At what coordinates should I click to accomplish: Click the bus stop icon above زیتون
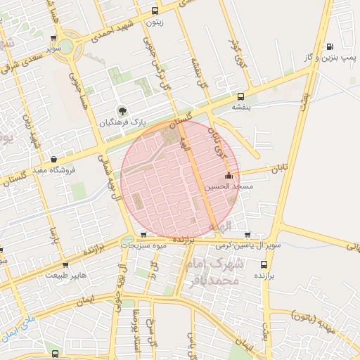[x=155, y=11]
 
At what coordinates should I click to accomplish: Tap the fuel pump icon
[x=330, y=46]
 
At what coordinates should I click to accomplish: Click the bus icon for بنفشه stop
[x=241, y=96]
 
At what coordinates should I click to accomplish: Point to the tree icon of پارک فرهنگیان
[x=123, y=110]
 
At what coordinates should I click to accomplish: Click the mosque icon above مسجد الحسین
[x=229, y=176]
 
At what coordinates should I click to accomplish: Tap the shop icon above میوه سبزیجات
[x=144, y=235]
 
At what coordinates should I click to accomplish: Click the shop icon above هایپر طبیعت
[x=65, y=264]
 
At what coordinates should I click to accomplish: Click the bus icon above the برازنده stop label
[x=264, y=265]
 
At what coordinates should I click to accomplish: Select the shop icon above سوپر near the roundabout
[x=54, y=38]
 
